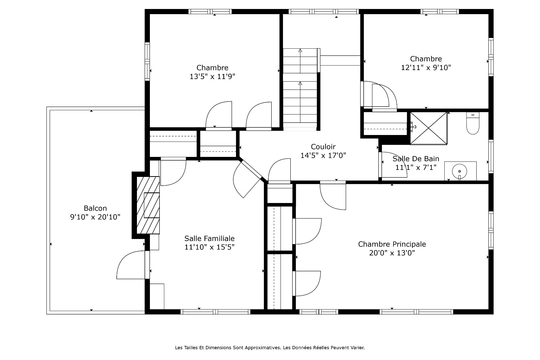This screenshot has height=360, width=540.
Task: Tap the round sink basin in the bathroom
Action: tap(459, 171)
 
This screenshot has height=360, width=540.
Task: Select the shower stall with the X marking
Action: tap(429, 129)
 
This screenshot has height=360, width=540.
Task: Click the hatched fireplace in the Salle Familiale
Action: tap(148, 205)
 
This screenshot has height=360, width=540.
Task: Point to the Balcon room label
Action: tap(95, 208)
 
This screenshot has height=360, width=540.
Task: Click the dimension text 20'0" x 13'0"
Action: tap(392, 253)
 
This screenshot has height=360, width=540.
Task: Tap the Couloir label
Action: tap(323, 147)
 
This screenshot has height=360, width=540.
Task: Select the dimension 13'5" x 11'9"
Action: tap(212, 76)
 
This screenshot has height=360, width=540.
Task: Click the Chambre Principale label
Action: tap(392, 244)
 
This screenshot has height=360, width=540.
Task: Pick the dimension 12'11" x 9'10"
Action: tap(426, 67)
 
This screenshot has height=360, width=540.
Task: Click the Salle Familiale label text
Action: tap(210, 238)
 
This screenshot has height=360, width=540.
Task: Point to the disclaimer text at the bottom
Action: tap(270, 348)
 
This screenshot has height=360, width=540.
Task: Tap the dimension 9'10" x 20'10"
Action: tap(95, 217)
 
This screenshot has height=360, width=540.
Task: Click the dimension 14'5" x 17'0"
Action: tap(323, 155)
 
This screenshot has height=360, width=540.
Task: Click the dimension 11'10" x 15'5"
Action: tap(210, 247)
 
